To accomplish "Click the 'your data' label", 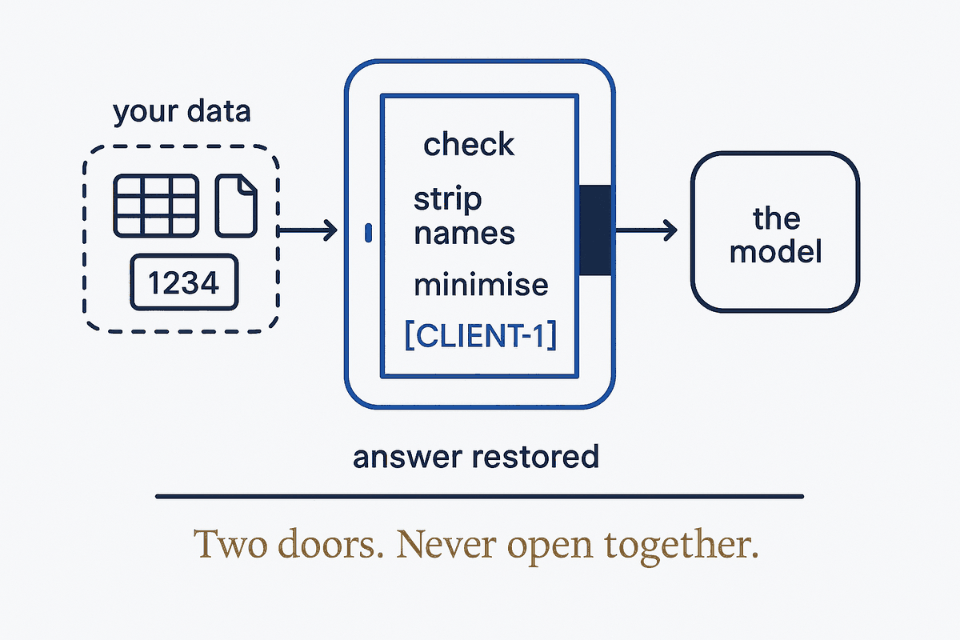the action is [182, 112].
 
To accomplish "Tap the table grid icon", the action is [156, 206].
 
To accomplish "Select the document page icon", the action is [236, 206].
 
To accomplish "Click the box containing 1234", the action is [184, 282].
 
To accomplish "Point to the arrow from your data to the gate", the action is [307, 230].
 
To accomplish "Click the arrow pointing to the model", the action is [646, 230].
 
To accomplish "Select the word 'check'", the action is [469, 145].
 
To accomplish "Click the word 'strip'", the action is [447, 200].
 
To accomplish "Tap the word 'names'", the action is [465, 234].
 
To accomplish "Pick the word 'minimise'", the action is [481, 285].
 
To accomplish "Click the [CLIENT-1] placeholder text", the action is [481, 335].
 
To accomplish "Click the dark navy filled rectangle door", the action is [595, 230].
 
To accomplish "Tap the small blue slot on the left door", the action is [368, 233].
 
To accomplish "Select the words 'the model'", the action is [776, 235].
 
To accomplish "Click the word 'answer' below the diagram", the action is [407, 458].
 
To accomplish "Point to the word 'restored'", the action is [535, 457].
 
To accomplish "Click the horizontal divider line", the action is [479, 496].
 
